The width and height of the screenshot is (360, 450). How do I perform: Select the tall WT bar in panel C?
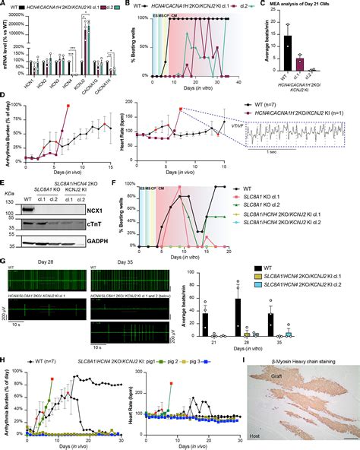(287, 56)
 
